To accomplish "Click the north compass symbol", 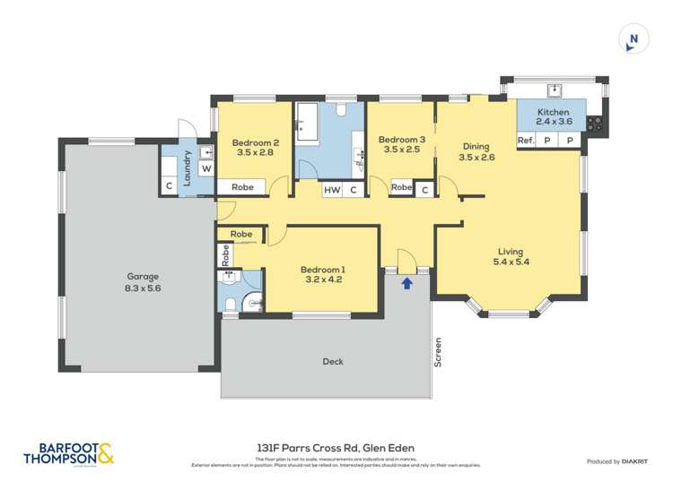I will (634, 39).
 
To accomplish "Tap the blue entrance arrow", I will (406, 283).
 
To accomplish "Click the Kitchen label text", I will (554, 113).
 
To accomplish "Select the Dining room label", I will (476, 147).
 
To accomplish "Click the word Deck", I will (333, 362).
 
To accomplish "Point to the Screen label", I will (438, 352).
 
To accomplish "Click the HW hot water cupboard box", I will (332, 189).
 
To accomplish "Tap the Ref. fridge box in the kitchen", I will (527, 141).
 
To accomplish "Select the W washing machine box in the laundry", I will (205, 168).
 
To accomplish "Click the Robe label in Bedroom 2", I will (241, 188).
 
